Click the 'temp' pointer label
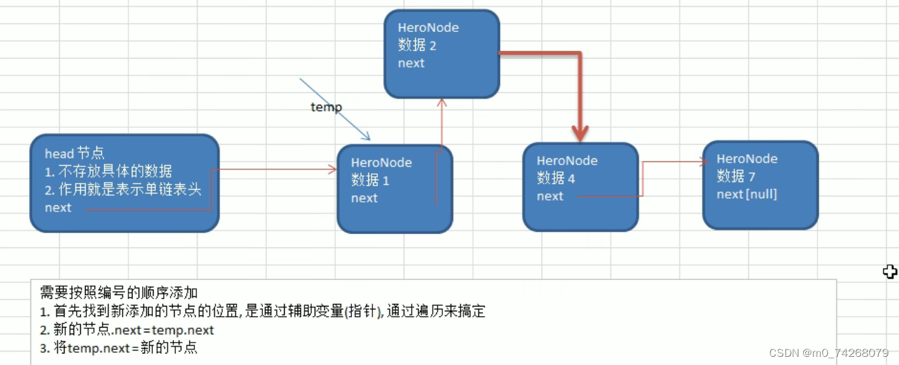326,107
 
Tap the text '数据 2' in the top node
417,46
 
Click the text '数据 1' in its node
370,181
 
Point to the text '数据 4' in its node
556,178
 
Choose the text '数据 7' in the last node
736,176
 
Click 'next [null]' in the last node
747,194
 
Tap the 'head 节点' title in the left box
75,154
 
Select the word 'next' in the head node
58,208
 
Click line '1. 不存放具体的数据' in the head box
109,171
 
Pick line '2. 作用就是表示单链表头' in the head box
123,190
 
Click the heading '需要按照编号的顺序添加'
119,293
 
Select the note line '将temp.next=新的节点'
119,348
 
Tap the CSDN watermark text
828,353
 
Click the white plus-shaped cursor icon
889,272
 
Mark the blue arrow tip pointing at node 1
368,138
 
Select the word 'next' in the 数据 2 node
411,63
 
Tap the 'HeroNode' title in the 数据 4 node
567,161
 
